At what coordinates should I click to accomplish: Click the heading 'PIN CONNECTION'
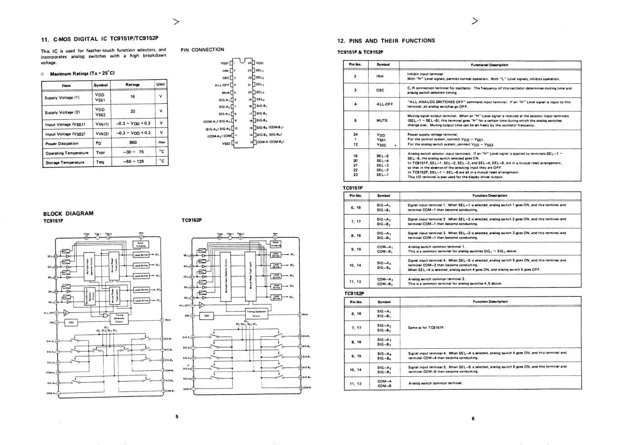coord(202,50)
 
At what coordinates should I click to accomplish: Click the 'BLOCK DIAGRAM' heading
coord(68,214)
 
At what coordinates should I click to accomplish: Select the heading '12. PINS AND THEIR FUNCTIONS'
coord(386,41)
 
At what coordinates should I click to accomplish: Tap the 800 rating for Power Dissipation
coord(132,143)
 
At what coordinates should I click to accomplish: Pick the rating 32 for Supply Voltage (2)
coord(132,111)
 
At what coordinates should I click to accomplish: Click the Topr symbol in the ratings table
coord(100,153)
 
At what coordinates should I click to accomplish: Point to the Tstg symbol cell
coord(100,162)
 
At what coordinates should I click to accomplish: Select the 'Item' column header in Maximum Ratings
coord(66,85)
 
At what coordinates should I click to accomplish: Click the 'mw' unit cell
coord(161,143)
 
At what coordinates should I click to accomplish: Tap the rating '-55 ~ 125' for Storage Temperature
coord(133,161)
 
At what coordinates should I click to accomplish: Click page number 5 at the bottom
coord(177,416)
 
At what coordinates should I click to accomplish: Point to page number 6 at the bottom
coord(473,419)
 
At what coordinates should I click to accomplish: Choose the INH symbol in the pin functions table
coord(380,77)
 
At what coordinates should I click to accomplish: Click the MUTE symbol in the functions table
coord(382,120)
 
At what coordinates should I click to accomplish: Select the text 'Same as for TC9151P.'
coord(426,327)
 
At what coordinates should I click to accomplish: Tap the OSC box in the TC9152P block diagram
coord(207,316)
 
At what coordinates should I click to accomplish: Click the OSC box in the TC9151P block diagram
coord(71,322)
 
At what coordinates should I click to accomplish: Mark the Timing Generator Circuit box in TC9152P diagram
coord(256,313)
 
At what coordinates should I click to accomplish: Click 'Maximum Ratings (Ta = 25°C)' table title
coord(82,73)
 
